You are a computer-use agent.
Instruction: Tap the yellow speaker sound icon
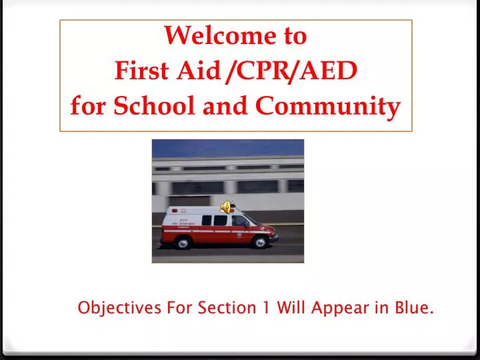pos(225,207)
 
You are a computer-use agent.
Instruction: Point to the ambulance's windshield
pos(254,219)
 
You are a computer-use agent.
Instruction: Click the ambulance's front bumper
pos(275,237)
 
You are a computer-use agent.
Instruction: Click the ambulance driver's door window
pos(239,220)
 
